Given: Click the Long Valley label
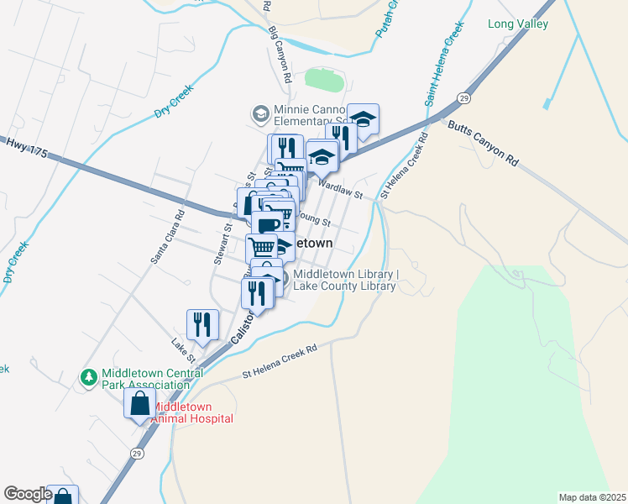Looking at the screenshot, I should [x=518, y=24].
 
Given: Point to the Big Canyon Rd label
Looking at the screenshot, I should [x=280, y=54].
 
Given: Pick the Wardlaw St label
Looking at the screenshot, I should [x=339, y=190].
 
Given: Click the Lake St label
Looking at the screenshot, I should [x=183, y=350].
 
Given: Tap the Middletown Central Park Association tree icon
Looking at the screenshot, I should [x=88, y=379].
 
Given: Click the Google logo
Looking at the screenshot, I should [x=27, y=494].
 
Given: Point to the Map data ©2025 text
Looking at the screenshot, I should [x=592, y=497].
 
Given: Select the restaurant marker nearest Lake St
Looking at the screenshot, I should [x=202, y=324].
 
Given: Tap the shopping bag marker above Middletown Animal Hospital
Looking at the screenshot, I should [x=139, y=403].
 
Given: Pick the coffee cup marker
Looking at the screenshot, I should [x=268, y=225].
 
